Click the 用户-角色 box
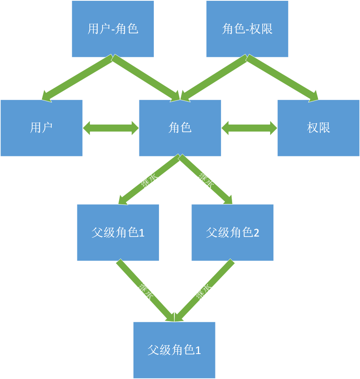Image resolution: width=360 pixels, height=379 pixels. pos(113,29)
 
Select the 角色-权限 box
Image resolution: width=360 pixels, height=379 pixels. pos(247,29)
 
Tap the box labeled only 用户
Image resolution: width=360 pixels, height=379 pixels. pos(41,128)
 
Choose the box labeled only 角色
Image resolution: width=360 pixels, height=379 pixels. pos(180,128)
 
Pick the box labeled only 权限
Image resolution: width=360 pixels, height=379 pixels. pos(319,128)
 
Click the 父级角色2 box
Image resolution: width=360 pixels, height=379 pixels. pos(232,233)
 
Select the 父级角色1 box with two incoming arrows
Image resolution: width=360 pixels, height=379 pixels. pos(174,350)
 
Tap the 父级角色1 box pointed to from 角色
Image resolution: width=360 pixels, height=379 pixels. pos(118,233)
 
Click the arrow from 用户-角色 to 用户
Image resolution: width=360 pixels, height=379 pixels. pos(77,78)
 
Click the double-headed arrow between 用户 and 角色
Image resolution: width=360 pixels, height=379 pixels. pos(111,128)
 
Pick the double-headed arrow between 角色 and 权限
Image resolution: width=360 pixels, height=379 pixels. pos(249,128)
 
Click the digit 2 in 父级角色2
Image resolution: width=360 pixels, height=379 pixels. pos(256,233)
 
